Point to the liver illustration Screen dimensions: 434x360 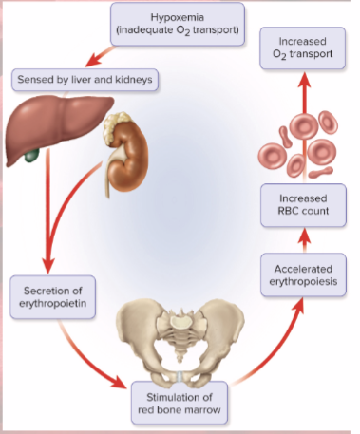click(47, 128)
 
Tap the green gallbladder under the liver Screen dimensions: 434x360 click(31, 153)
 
